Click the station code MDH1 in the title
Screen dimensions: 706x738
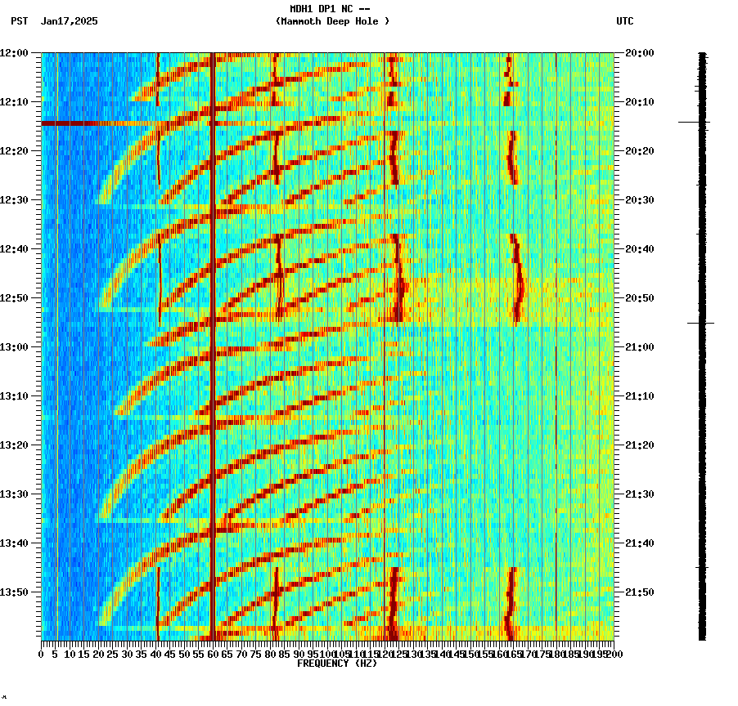[303, 9]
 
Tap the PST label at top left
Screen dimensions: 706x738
[20, 21]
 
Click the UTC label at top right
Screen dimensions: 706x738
[624, 21]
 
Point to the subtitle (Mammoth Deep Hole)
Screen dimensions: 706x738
[332, 21]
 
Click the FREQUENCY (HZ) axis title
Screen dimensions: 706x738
[337, 664]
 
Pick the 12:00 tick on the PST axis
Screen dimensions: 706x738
[15, 53]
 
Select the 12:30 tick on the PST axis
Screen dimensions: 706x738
[15, 200]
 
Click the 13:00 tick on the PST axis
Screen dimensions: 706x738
[15, 347]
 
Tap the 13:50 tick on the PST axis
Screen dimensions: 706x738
[15, 592]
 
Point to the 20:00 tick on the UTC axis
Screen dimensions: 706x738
[639, 53]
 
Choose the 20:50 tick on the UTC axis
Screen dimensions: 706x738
[639, 298]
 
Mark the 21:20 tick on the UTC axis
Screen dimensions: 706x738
[639, 445]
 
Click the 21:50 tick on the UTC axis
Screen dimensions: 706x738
[639, 592]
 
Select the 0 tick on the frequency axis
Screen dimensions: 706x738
[42, 654]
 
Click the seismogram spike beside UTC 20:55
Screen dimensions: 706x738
[701, 323]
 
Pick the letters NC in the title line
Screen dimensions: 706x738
[348, 9]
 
